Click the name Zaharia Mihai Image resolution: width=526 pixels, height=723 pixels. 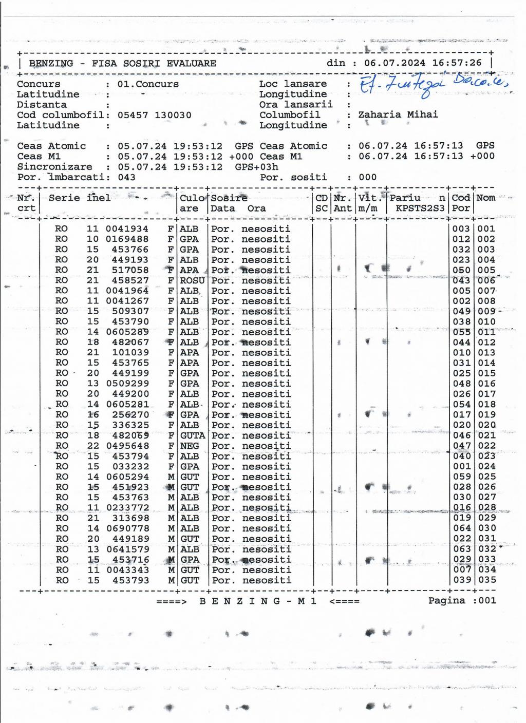pyautogui.click(x=398, y=115)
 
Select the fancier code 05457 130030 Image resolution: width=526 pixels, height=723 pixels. pyautogui.click(x=154, y=115)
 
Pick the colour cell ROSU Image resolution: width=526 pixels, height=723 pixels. pyautogui.click(x=192, y=280)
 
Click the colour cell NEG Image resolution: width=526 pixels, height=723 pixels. pyautogui.click(x=190, y=446)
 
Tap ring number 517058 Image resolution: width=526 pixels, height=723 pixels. pyautogui.click(x=130, y=270)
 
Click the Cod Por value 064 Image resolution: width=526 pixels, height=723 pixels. pyautogui.click(x=461, y=528)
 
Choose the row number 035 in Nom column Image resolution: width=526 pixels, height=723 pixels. pyautogui.click(x=486, y=580)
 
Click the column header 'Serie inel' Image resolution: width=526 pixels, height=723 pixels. pyautogui.click(x=80, y=198)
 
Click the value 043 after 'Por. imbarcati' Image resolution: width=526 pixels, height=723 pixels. pyautogui.click(x=126, y=177)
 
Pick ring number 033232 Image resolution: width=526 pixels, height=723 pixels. pyautogui.click(x=130, y=466)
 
